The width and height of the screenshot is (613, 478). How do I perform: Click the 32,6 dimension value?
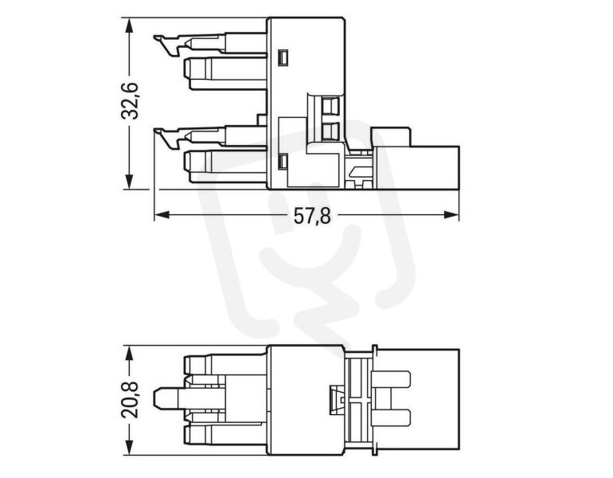point(130,101)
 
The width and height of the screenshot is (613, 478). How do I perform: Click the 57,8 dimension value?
point(312,217)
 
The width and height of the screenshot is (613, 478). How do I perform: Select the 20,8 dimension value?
point(130,400)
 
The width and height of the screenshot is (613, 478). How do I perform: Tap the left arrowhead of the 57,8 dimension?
point(162,215)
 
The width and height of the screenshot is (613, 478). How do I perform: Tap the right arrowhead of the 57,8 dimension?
point(451,215)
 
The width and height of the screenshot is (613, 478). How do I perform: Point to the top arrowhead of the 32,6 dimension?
point(129,25)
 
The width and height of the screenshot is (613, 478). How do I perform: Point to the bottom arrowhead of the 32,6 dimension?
point(129,182)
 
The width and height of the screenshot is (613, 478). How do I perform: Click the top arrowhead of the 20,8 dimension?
point(129,353)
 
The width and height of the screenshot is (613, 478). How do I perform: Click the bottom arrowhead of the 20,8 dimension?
point(129,448)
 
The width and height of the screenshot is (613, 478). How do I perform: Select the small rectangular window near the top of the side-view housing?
point(283,57)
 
